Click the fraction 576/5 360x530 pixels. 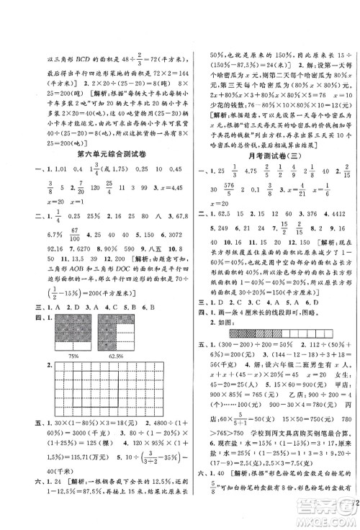tap(236, 190)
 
